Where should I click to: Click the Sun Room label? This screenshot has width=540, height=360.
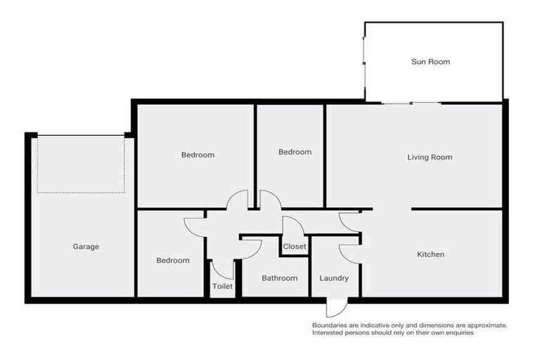coord(430,62)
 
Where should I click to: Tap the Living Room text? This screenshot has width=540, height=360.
coord(430,157)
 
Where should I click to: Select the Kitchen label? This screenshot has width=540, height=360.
coord(430,254)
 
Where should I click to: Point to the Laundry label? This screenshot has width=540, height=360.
coord(333,278)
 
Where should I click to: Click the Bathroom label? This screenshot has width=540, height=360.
coord(279,278)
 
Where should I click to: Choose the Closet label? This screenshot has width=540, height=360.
coord(294,247)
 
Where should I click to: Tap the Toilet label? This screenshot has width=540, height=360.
coord(222,286)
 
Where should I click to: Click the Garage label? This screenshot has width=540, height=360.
coord(86,247)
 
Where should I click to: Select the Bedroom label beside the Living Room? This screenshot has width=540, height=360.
coord(295,152)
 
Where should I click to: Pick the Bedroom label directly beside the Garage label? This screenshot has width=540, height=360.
coord(172,260)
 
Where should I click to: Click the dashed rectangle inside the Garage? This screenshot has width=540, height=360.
coord(81,165)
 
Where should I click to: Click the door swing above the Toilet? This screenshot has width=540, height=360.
coord(224,269)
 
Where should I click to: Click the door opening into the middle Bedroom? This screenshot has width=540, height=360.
coord(270,200)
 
